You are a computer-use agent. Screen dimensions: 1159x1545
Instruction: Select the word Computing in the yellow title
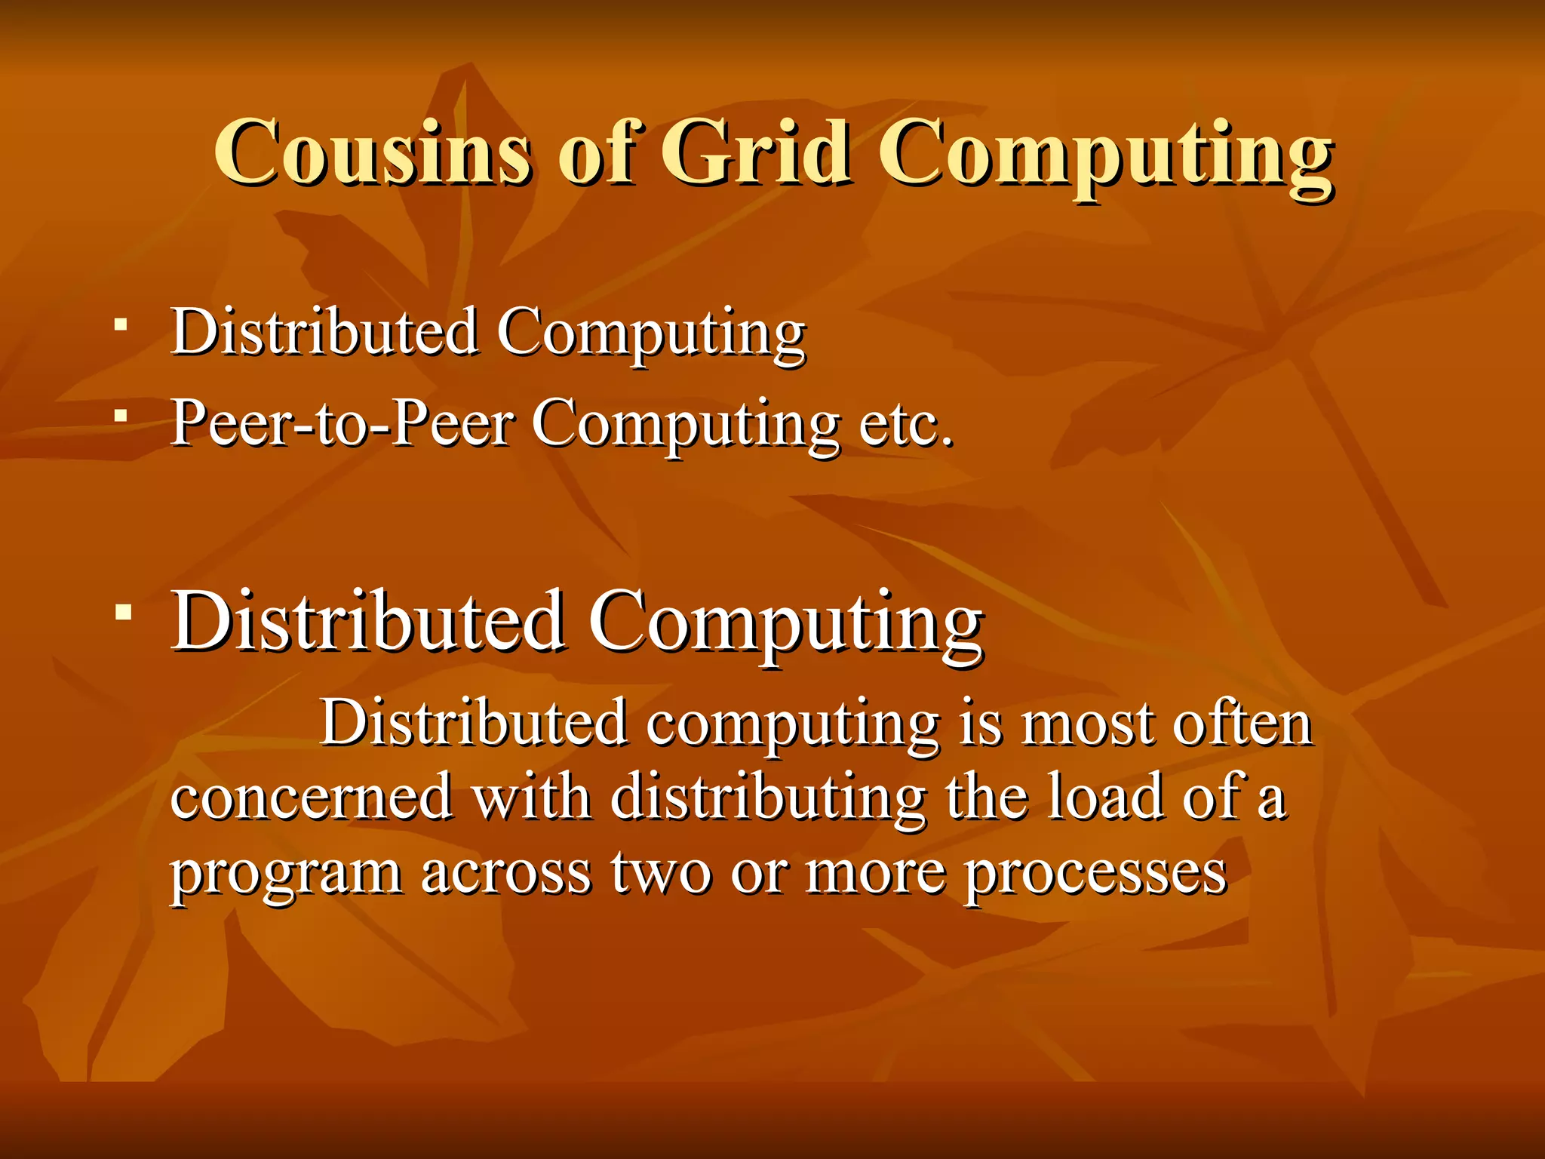click(1105, 156)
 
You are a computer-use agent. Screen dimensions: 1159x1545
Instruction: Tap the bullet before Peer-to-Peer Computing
click(121, 415)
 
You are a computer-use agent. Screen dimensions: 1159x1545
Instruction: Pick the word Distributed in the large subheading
click(368, 621)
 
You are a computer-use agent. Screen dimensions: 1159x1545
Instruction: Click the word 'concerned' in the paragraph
click(311, 798)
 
